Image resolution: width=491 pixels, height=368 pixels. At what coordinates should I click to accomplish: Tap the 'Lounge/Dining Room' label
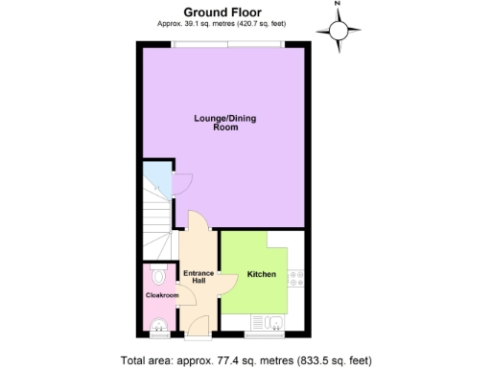click(x=225, y=122)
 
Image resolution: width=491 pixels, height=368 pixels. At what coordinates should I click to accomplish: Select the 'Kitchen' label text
click(x=262, y=275)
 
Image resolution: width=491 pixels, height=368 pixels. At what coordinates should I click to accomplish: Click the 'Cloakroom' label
click(x=162, y=295)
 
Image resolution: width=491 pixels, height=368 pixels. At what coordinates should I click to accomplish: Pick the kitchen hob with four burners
click(x=297, y=277)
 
